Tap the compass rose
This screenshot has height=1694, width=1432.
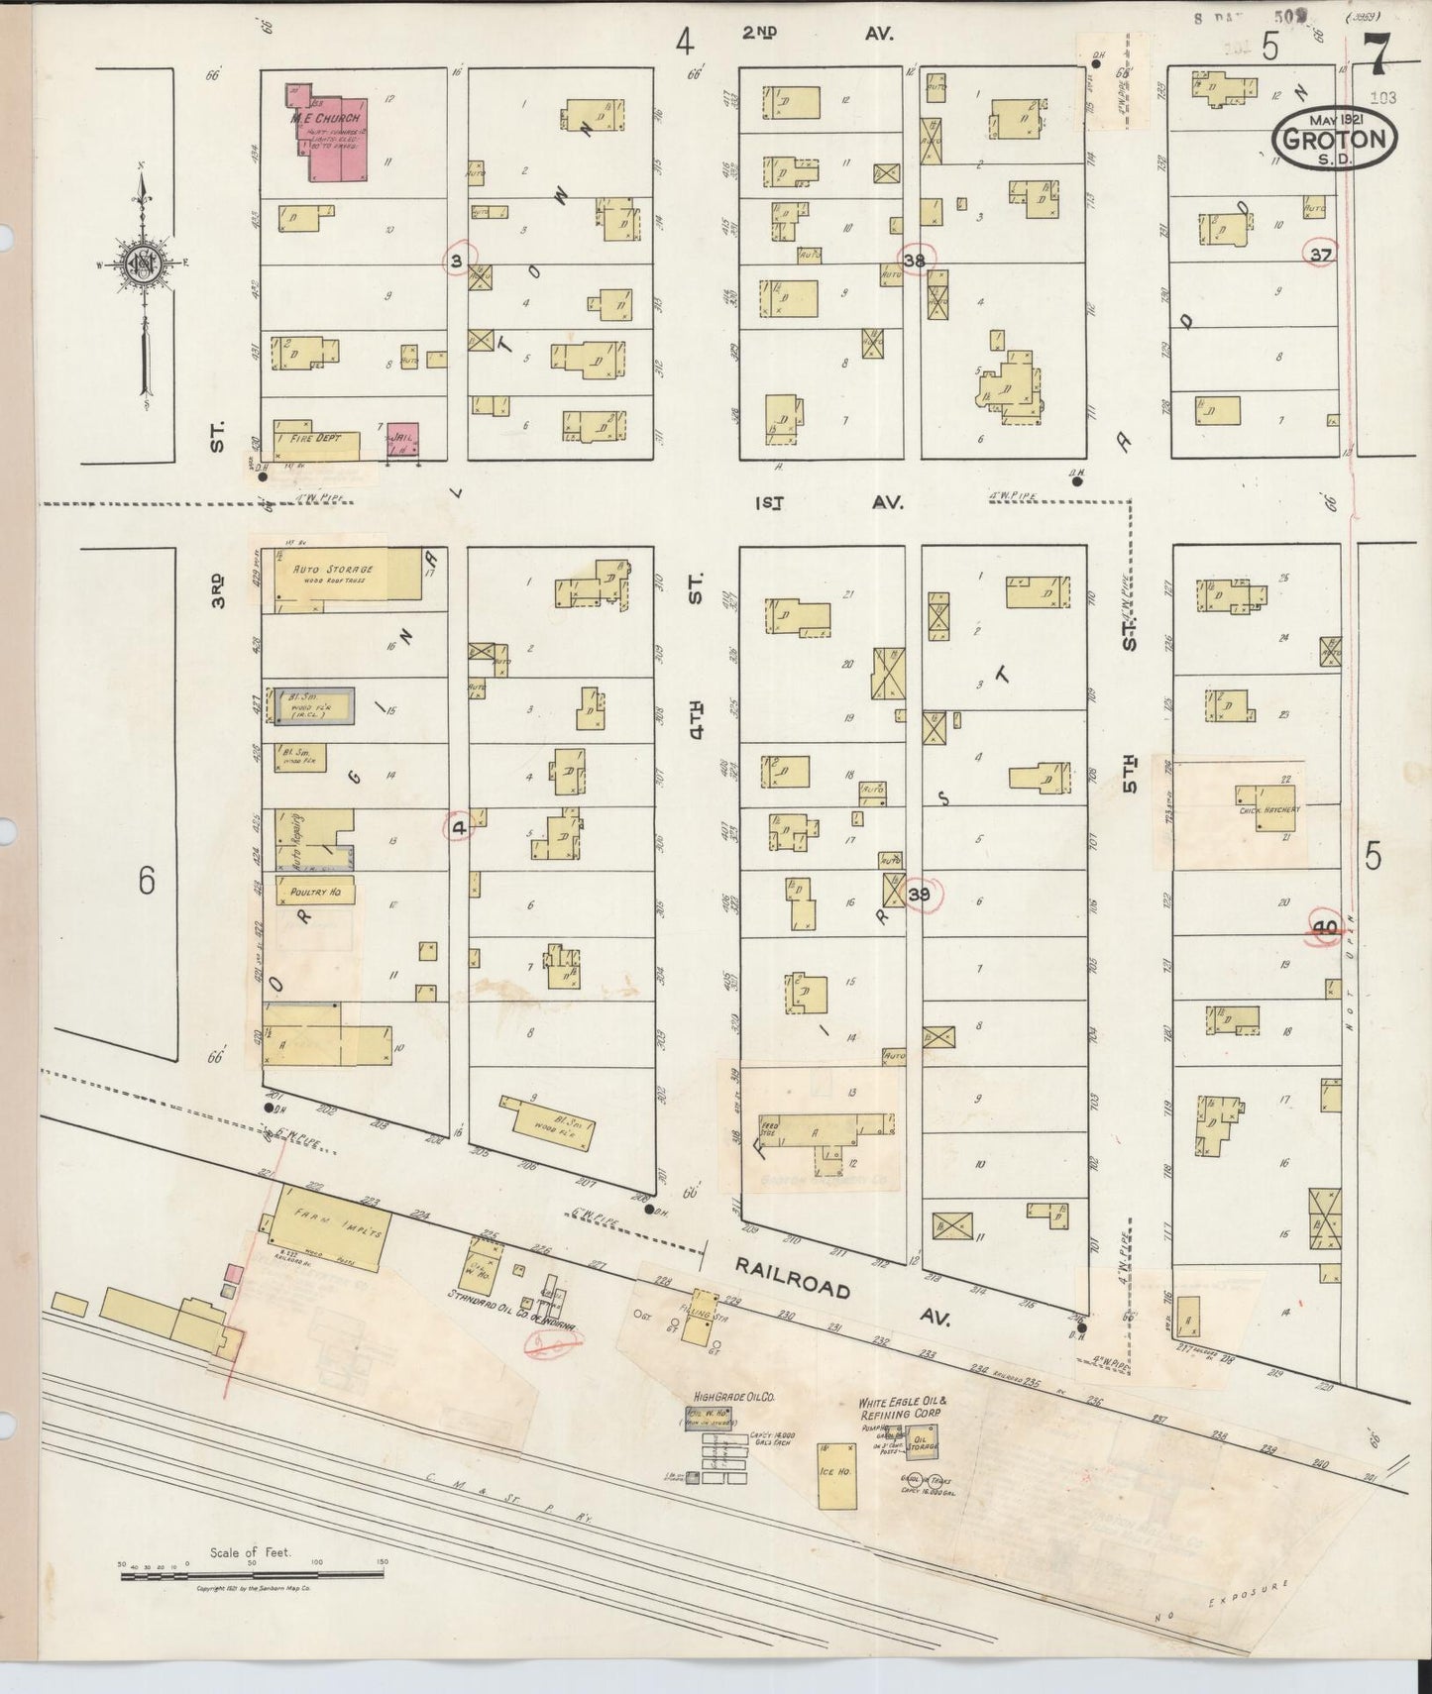(140, 263)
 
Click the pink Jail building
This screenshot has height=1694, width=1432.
(402, 440)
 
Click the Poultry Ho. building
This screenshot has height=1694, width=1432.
(314, 892)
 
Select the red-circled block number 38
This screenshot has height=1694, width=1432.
(914, 261)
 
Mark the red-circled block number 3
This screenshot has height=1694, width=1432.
(457, 261)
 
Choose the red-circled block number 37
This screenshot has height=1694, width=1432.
(1320, 255)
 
